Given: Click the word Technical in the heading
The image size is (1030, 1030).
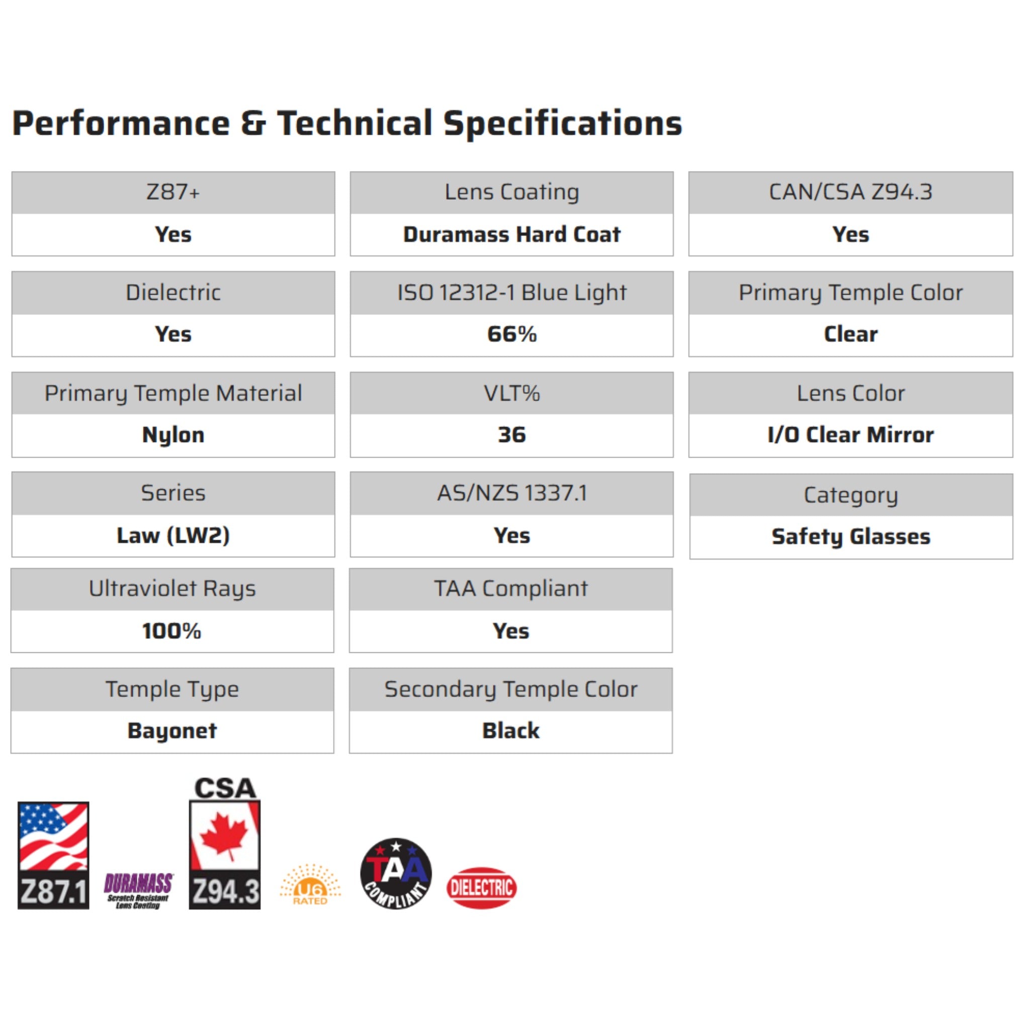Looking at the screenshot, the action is [354, 123].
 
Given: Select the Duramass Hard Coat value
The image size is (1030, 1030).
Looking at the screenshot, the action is [512, 234].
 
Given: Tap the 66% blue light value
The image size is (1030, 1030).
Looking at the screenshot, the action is [512, 334].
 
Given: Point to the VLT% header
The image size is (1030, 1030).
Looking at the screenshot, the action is [512, 393].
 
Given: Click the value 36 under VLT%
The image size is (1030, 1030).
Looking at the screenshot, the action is [512, 435].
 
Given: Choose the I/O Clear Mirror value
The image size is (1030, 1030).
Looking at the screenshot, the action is [850, 435].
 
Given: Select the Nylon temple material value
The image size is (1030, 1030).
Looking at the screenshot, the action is [174, 435].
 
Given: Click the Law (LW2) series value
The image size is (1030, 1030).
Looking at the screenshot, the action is [174, 535].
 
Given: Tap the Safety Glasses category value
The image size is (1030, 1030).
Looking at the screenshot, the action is [851, 537].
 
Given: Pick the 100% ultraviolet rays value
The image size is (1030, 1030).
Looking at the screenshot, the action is [171, 631].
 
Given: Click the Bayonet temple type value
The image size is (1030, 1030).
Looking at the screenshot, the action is [172, 731].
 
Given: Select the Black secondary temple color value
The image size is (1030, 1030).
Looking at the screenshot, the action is [511, 730].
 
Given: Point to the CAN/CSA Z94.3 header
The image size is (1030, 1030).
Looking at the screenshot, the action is [850, 192].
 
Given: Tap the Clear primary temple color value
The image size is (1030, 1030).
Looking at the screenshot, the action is [850, 334].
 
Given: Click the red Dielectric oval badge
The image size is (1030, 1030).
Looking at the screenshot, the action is [481, 888].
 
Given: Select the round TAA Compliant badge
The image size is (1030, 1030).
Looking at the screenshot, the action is [396, 873].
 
